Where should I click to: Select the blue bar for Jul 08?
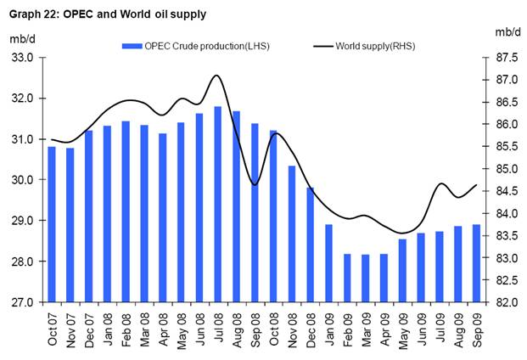pos(218,204)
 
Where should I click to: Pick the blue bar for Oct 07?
pos(52,224)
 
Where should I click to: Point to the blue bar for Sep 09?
pos(477,262)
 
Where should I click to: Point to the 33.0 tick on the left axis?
pos(21,58)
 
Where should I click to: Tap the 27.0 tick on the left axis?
pos(21,302)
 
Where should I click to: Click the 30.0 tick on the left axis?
pos(21,180)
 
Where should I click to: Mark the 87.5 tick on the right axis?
pos(507,58)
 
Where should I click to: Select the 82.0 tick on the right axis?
pos(507,302)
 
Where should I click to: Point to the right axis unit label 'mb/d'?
pos(507,31)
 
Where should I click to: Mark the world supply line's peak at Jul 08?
pos(217,76)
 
